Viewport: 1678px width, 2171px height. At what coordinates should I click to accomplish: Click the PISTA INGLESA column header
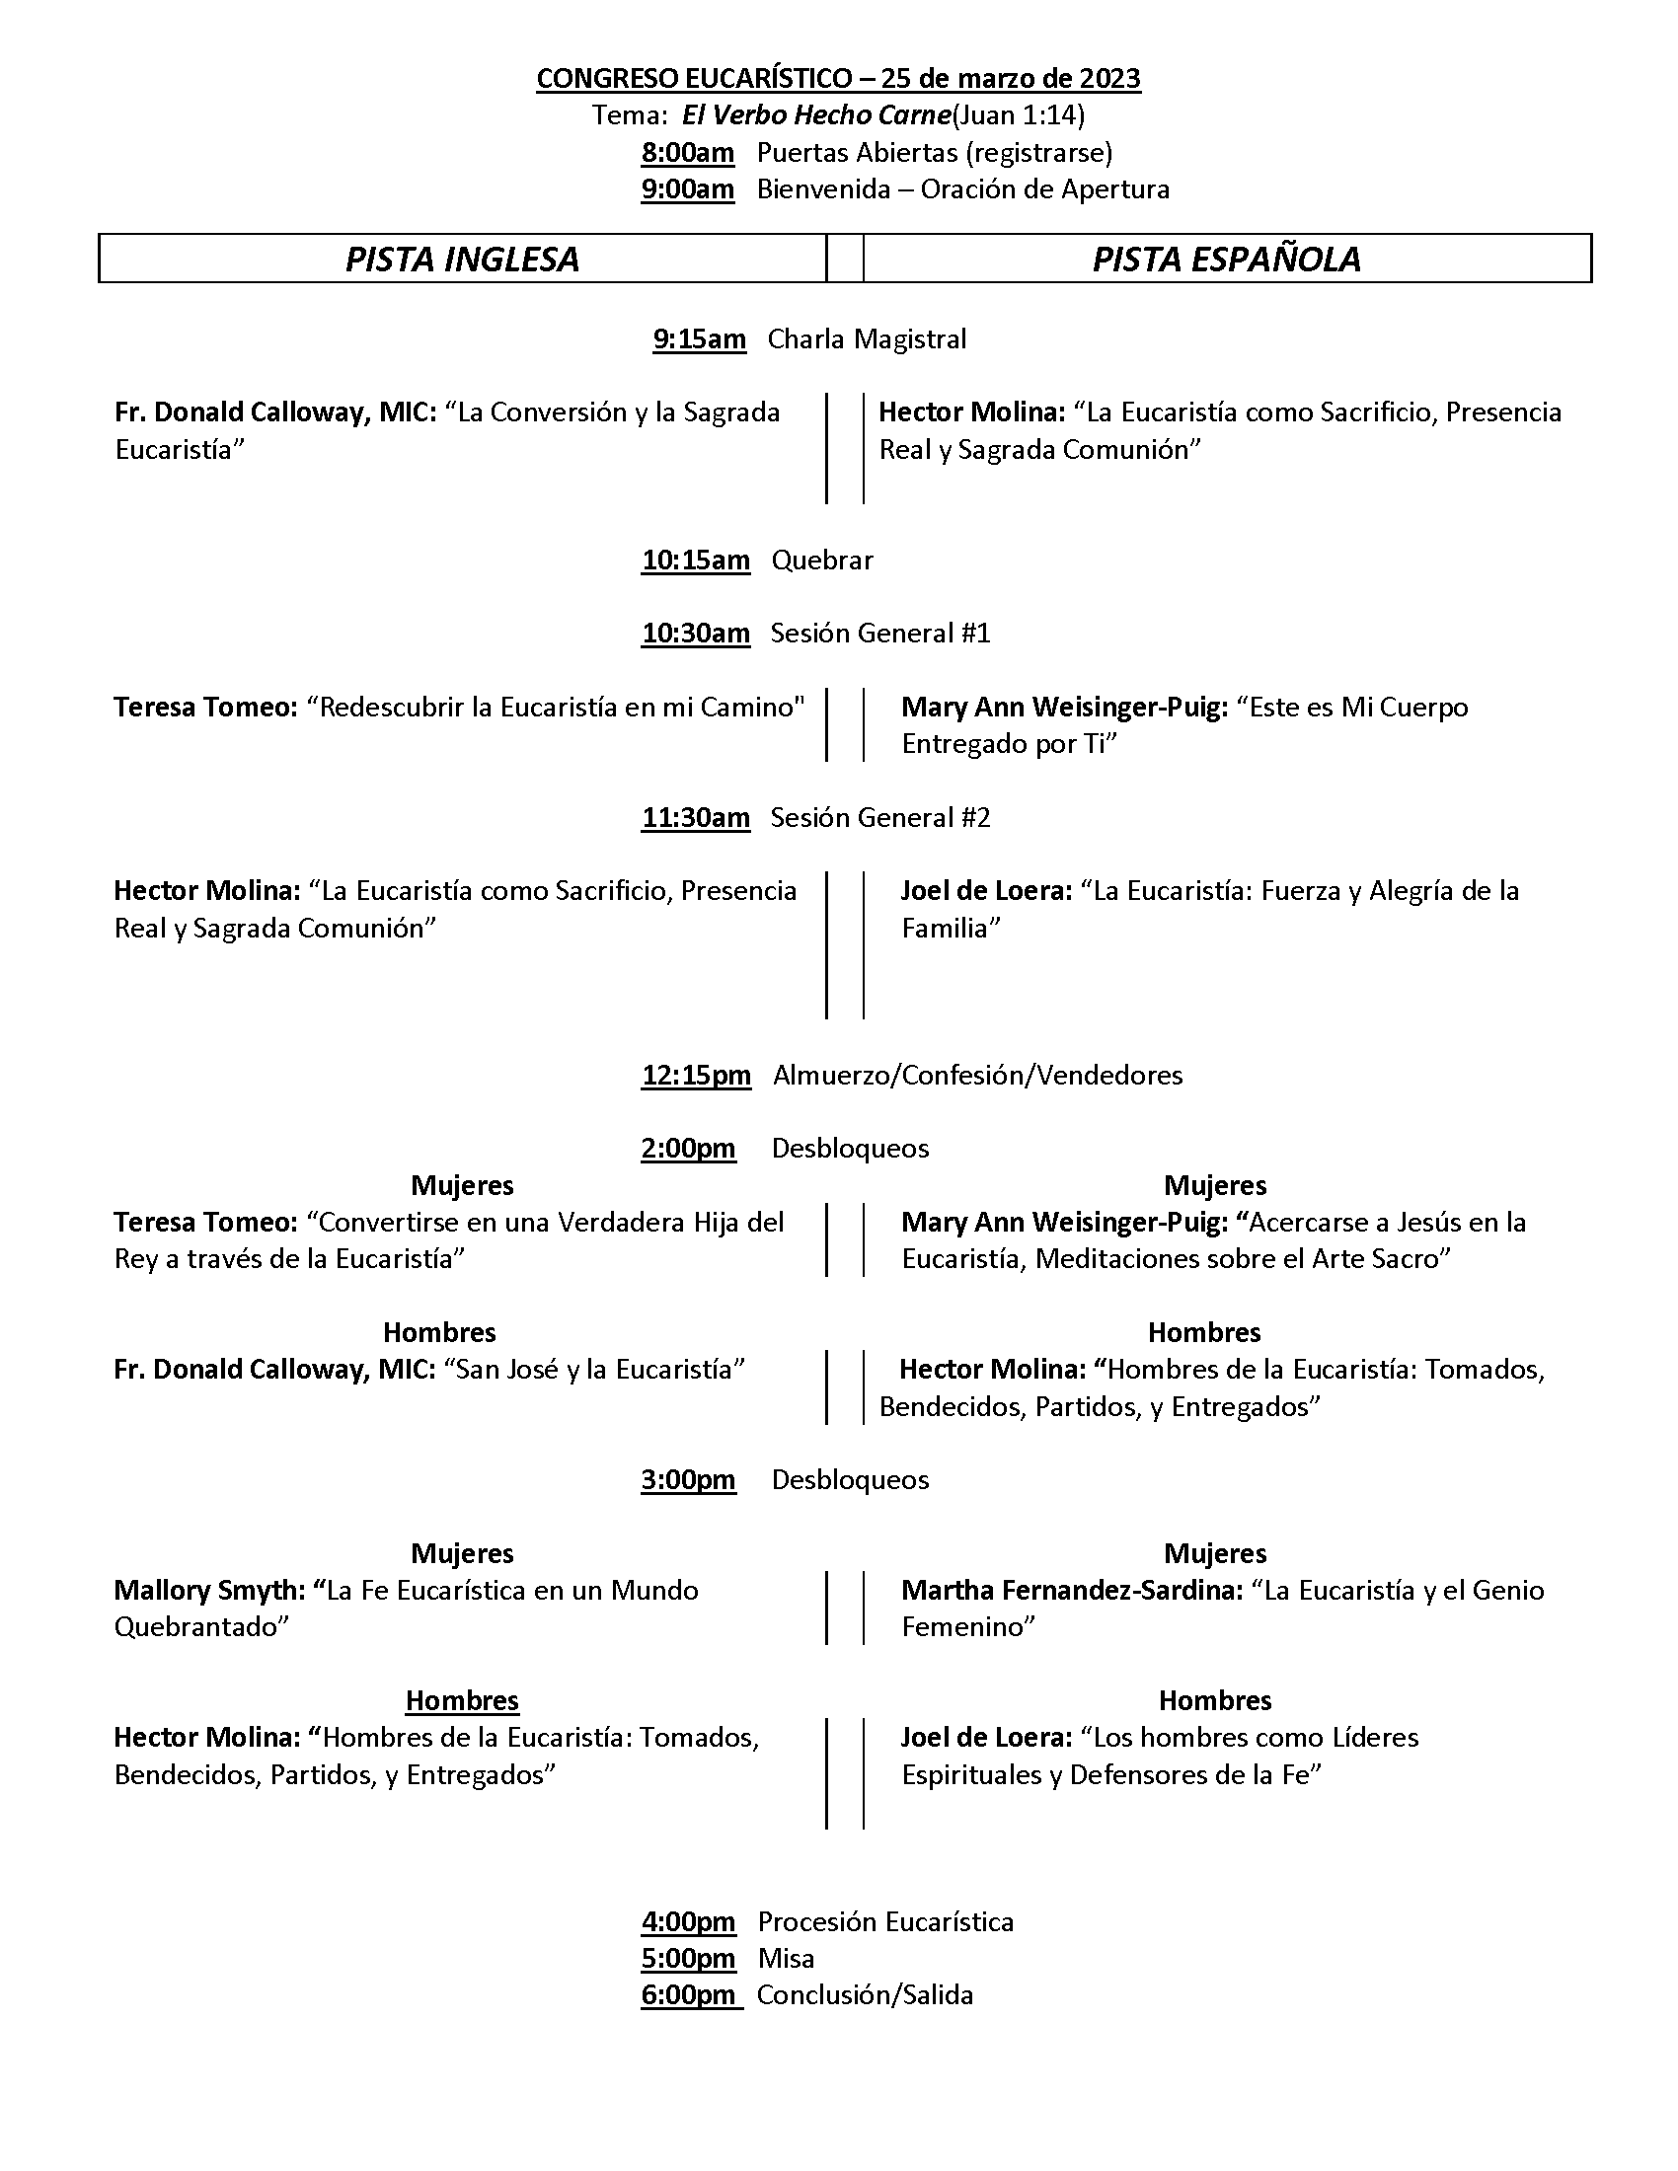tap(462, 260)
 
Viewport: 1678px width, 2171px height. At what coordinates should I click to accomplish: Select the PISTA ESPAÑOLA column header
tap(1226, 260)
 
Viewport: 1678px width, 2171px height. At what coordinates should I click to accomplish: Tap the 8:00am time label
tap(688, 153)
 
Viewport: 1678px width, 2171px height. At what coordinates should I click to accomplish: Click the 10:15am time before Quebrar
tap(695, 561)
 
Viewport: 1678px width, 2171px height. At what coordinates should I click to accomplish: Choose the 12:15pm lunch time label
tap(696, 1076)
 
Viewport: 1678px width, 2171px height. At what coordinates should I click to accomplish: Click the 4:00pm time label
tap(688, 1921)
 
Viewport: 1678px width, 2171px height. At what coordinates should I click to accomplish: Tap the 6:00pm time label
tap(690, 1995)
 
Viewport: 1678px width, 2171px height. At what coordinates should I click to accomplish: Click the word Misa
tap(787, 1958)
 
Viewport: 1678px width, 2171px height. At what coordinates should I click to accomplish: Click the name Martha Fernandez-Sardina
tap(1071, 1591)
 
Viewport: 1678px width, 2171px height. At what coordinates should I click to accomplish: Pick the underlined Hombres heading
tap(462, 1701)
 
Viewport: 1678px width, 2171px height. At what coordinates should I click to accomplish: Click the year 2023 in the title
tap(1107, 79)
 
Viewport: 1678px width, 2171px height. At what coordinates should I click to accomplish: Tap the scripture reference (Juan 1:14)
tap(1018, 116)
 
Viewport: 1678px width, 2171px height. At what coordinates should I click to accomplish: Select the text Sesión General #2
tap(879, 818)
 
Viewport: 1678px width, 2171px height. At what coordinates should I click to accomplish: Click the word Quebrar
tap(822, 561)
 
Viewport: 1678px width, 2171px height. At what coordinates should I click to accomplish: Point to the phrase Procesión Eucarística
tap(884, 1921)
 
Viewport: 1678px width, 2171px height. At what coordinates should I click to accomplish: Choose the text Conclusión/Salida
tap(865, 1995)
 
